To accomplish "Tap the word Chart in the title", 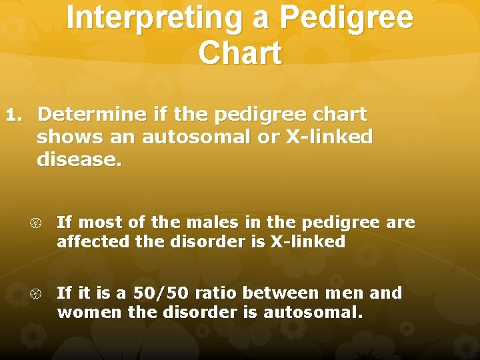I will (x=240, y=53).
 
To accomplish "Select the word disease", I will (x=79, y=160).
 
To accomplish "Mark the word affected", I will (x=93, y=241).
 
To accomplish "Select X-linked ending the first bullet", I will (x=307, y=241).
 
